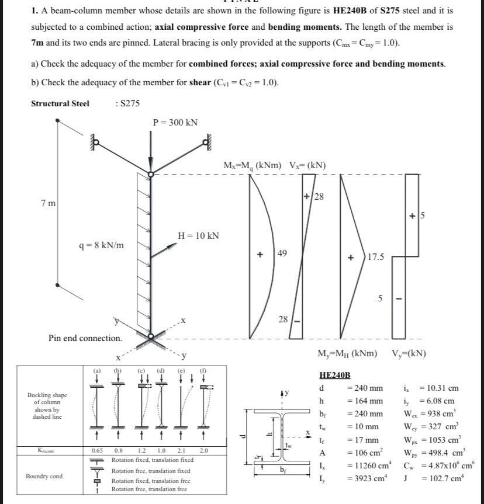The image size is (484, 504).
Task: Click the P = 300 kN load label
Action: [175, 122]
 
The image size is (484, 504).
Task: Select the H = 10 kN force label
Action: [198, 235]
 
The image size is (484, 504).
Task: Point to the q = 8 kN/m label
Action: [101, 245]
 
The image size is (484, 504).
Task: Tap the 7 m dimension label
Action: [49, 203]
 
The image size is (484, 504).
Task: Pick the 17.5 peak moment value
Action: [375, 256]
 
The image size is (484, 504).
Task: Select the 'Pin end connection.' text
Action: [85, 338]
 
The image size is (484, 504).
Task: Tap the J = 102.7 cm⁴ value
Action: [442, 479]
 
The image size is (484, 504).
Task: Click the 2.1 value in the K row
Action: [181, 451]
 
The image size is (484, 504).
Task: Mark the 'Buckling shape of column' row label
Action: [47, 406]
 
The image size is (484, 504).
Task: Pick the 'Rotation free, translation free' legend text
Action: [149, 489]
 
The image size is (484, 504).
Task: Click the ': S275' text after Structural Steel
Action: [128, 103]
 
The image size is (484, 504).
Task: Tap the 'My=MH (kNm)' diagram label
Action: [347, 353]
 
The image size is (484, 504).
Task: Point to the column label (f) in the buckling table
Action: [202, 370]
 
